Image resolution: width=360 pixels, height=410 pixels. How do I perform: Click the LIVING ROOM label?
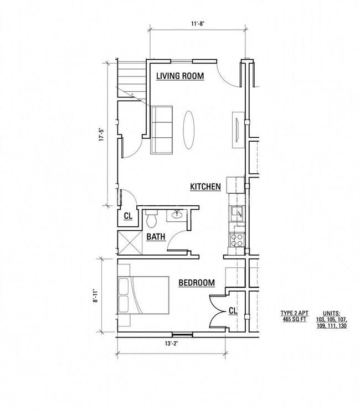[x=180, y=76]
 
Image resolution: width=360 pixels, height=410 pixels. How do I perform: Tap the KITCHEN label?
[x=205, y=187]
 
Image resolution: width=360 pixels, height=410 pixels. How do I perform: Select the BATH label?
[x=156, y=237]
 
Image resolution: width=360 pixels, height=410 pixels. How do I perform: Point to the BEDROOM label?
[x=196, y=283]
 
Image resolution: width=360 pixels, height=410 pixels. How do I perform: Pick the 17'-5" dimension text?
[x=101, y=137]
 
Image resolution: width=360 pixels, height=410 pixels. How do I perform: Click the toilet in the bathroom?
[x=152, y=220]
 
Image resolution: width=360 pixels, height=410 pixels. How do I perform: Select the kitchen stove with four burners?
[x=238, y=240]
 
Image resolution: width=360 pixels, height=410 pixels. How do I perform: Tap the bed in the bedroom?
[x=142, y=297]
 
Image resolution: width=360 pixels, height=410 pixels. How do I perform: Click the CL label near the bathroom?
[x=127, y=216]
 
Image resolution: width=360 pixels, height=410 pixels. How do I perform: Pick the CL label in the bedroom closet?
[x=233, y=312]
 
